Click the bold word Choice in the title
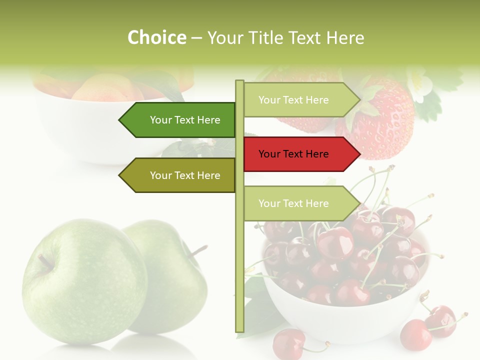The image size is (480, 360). pyautogui.click(x=156, y=38)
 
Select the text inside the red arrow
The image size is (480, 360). pyautogui.click(x=293, y=154)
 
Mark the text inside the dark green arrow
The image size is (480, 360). pyautogui.click(x=185, y=120)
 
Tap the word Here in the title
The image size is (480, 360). pyautogui.click(x=345, y=38)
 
